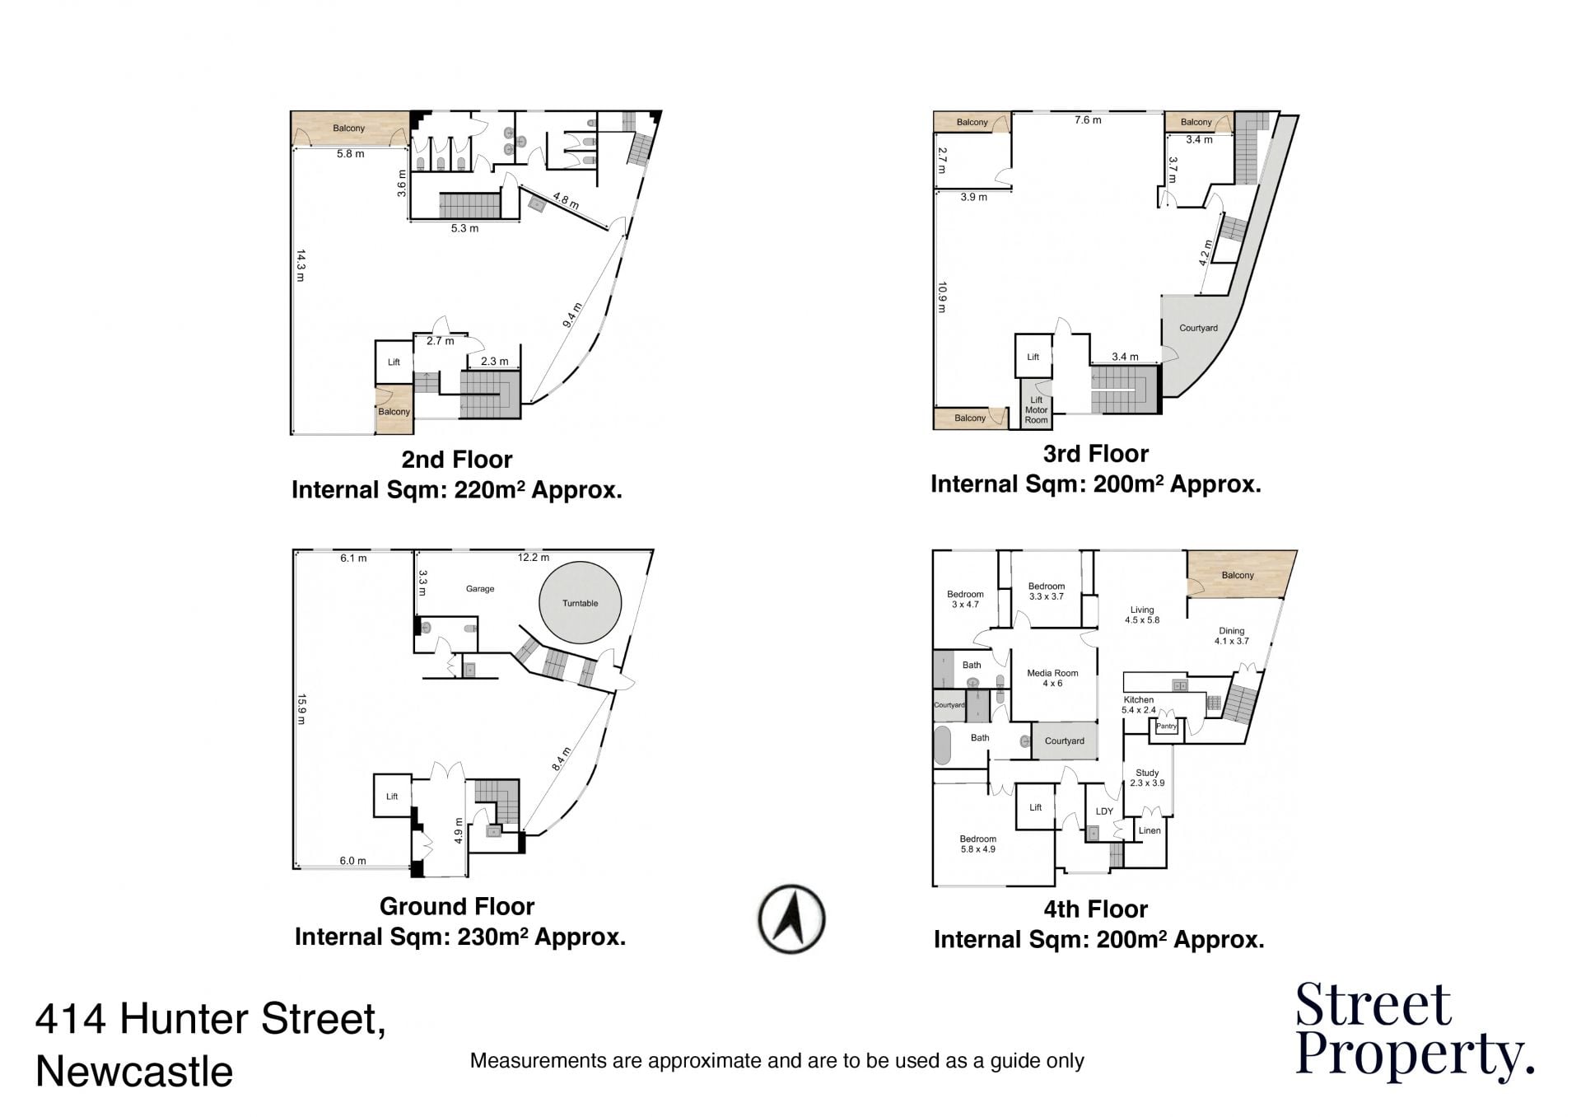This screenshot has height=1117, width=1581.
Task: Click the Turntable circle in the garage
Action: tap(580, 603)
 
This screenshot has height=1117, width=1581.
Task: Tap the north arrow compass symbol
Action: tap(791, 919)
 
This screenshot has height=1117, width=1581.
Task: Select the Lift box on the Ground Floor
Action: tap(392, 796)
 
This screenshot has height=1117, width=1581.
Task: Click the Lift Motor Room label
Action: tap(1036, 410)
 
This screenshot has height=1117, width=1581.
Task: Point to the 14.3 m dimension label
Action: tap(301, 265)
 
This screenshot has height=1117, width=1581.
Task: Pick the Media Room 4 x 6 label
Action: tap(1052, 678)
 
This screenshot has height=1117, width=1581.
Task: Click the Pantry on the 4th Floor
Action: tap(1166, 726)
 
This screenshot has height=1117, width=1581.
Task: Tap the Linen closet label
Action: tap(1150, 830)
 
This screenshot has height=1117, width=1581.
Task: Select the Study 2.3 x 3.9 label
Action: tap(1147, 778)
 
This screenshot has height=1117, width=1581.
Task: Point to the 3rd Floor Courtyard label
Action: tap(1198, 328)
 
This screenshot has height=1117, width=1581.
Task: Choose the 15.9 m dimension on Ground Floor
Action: tap(301, 709)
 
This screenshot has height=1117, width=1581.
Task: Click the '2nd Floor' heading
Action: tap(457, 460)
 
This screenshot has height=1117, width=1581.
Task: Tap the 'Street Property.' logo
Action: tap(1415, 1031)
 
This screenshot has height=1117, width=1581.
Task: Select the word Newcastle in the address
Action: tap(134, 1072)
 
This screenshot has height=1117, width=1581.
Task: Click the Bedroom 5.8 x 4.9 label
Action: tap(977, 844)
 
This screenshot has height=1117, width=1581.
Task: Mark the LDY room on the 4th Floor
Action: tap(1104, 811)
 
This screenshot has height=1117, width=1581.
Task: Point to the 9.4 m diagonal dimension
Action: tap(572, 315)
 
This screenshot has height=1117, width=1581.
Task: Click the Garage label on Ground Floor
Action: tap(480, 589)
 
